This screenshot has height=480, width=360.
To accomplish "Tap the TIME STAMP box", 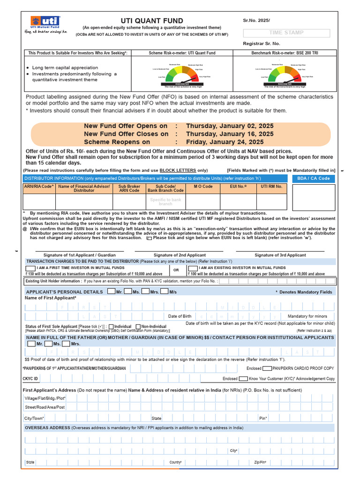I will pos(286,33).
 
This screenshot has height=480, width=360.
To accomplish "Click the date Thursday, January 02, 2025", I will pos(230,126).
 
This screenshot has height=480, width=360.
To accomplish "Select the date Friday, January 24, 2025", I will pos(225,142).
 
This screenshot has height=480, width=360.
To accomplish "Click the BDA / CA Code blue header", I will pos(314,179).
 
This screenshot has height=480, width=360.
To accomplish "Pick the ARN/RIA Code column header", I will pos(39,187).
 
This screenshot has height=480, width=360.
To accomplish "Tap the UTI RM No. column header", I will pos(271,187).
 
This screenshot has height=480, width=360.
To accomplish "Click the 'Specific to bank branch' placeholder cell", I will pos(165,202).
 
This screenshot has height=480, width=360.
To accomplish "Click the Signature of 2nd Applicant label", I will pos(180,255).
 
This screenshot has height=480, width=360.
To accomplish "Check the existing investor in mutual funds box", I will pos(192,268).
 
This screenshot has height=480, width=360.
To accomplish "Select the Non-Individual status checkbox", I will pos(138,326).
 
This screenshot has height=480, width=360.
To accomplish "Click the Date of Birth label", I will pos(180,316).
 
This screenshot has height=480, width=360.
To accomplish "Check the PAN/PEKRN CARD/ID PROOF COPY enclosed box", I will pos(267,368).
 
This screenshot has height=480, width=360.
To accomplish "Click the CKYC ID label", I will pos(30,378).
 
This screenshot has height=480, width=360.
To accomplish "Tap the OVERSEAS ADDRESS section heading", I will pos(47,428).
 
